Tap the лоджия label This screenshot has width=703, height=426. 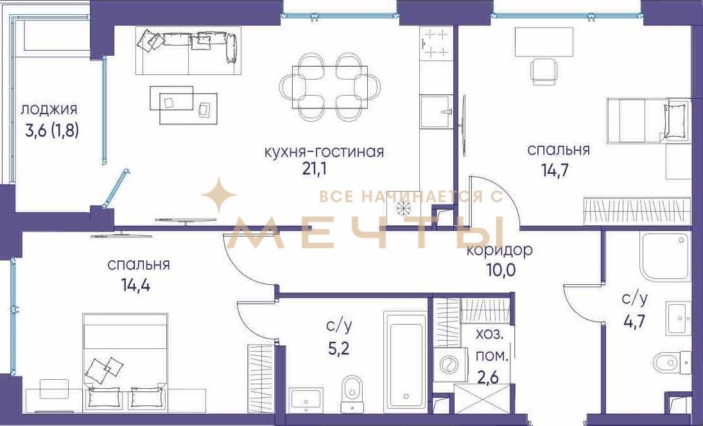[49, 109]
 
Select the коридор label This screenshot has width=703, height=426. [499, 250]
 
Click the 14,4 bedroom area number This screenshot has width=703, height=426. [135, 285]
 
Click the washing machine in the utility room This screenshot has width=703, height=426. [448, 364]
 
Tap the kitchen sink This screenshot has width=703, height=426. [436, 111]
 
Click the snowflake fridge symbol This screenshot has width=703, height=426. [402, 209]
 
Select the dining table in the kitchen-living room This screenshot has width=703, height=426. [329, 87]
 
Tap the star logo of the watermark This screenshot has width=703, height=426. [218, 194]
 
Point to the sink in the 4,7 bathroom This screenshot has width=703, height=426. [678, 318]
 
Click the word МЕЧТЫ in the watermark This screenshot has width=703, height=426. [367, 232]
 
